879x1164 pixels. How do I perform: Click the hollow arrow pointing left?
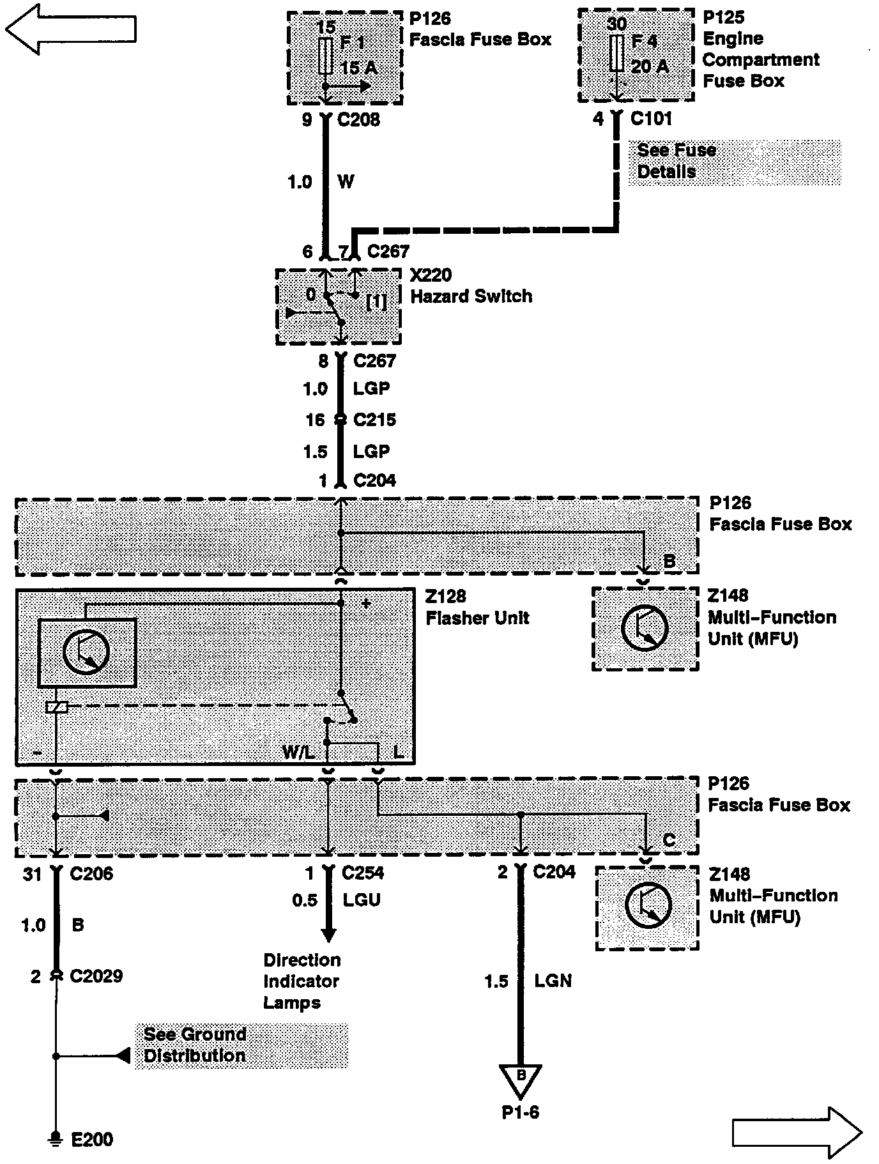pyautogui.click(x=70, y=29)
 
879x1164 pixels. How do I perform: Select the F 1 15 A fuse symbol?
pyautogui.click(x=325, y=56)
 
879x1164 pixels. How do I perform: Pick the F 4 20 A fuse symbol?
pyautogui.click(x=616, y=53)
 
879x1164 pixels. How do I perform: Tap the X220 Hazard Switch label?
pyautogui.click(x=471, y=286)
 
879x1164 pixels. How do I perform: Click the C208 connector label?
pyautogui.click(x=358, y=119)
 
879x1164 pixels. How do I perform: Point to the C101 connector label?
pyautogui.click(x=651, y=118)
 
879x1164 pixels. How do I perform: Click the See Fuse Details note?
pyautogui.click(x=676, y=161)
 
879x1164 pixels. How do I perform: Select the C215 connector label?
pyautogui.click(x=374, y=420)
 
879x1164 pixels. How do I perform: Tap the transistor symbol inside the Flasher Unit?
pyautogui.click(x=87, y=652)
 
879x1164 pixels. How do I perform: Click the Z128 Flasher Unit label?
pyautogui.click(x=477, y=607)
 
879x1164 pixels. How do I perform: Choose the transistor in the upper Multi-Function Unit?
pyautogui.click(x=645, y=628)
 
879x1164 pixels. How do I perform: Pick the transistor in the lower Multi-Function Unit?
pyautogui.click(x=648, y=905)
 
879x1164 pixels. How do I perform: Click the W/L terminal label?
pyautogui.click(x=298, y=753)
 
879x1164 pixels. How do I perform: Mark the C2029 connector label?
pyautogui.click(x=96, y=976)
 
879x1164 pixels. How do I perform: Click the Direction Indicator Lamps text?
pyautogui.click(x=302, y=981)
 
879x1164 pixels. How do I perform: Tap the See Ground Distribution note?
pyautogui.click(x=195, y=1045)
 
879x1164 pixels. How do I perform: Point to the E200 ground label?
pyautogui.click(x=91, y=1139)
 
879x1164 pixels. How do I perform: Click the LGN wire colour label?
pyautogui.click(x=553, y=980)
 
